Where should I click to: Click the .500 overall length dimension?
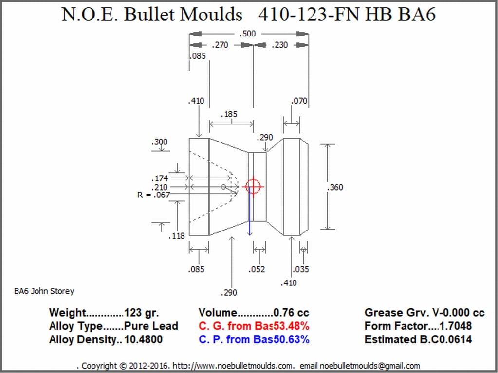point(248,34)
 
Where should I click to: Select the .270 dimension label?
point(220,45)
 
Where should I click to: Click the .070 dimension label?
point(299,101)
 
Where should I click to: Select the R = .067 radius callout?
point(154,195)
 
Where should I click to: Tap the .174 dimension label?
point(160,178)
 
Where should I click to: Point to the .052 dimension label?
point(257,269)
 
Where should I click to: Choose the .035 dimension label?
point(301,269)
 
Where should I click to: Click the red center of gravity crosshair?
point(253,186)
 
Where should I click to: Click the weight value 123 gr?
point(141,313)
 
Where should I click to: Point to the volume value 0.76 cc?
point(291,313)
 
